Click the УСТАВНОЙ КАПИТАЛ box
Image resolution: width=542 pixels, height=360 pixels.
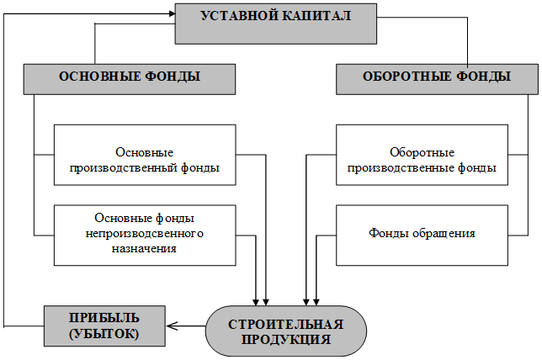point(276,24)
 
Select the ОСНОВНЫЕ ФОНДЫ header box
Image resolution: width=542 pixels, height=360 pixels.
point(130,79)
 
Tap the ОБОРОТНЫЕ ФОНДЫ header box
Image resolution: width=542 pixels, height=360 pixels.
point(437,79)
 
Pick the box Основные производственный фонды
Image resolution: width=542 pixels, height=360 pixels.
point(145,155)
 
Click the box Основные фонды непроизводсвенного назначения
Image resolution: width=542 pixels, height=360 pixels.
point(145,236)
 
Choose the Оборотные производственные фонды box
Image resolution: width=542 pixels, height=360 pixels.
point(422,155)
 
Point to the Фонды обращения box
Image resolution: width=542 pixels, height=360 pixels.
point(422,236)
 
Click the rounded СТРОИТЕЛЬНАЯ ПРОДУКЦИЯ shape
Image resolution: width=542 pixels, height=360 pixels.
point(286,331)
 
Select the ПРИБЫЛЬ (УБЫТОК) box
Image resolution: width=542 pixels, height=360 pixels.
point(104,326)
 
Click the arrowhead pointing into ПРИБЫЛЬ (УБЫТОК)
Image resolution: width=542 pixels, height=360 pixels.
point(172,326)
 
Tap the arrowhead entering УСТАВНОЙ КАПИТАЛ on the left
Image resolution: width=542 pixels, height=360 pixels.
point(173,13)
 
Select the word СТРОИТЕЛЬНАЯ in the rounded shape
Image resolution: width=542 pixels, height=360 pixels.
point(286,325)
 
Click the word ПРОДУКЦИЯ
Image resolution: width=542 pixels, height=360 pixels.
point(286,340)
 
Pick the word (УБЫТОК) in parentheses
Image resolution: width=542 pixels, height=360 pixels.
point(104,334)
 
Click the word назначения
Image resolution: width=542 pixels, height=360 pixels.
point(144,248)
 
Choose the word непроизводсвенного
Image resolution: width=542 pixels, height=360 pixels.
point(145,234)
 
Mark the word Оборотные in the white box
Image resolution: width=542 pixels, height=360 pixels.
point(422,152)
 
